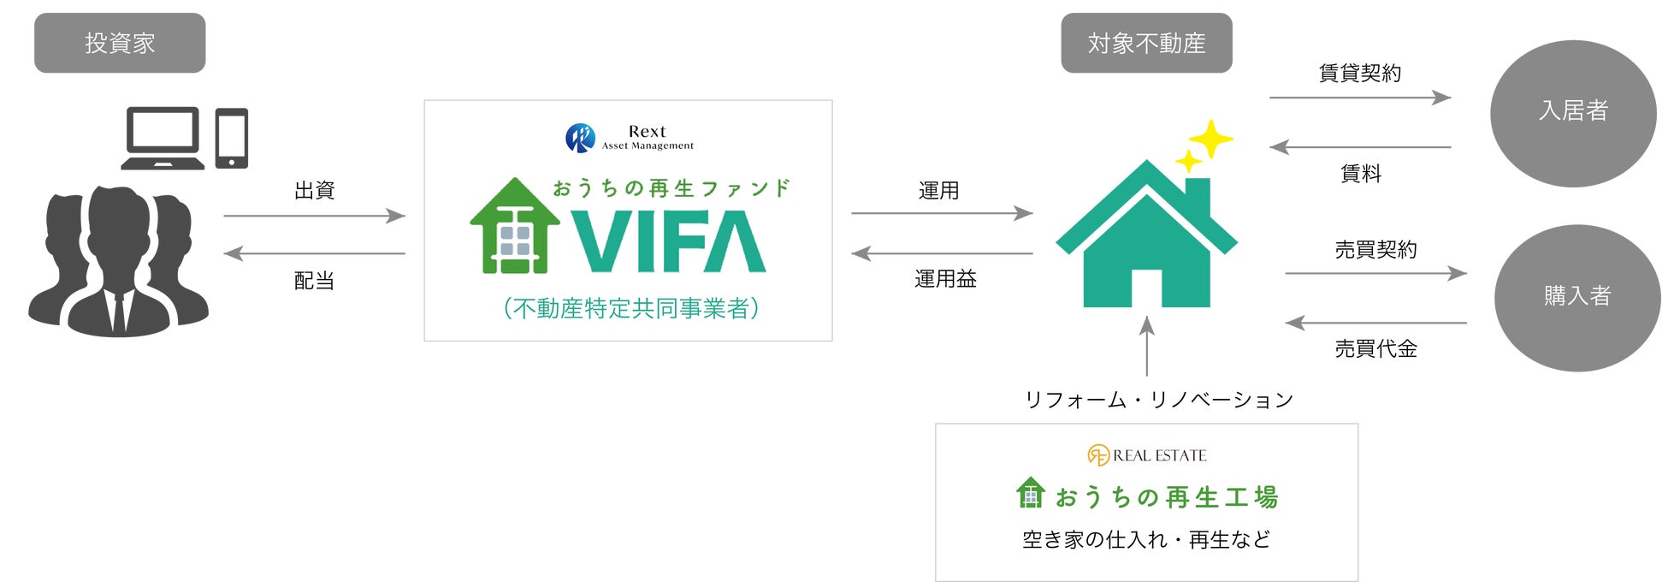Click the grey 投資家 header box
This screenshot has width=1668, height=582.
tap(120, 43)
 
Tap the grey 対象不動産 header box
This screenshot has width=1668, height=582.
tap(1146, 43)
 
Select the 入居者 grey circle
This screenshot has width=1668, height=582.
tap(1572, 112)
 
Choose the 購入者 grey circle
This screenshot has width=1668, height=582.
tap(1576, 297)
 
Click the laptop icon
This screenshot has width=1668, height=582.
tap(163, 138)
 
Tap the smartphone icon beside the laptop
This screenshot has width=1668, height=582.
tap(231, 138)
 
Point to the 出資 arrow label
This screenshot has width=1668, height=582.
tap(314, 191)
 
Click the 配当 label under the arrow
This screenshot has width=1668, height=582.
tap(314, 281)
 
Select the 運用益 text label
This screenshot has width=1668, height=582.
tap(945, 279)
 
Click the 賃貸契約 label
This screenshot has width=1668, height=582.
tap(1359, 74)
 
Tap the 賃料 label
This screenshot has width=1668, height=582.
tap(1360, 174)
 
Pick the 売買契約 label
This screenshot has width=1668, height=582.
tap(1375, 250)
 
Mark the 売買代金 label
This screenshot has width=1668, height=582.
tap(1375, 349)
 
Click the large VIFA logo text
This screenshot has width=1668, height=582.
tap(667, 242)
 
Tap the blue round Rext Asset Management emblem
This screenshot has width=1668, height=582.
tap(580, 138)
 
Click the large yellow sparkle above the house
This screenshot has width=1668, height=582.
tap(1210, 139)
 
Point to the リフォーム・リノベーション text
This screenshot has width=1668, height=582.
tap(1159, 400)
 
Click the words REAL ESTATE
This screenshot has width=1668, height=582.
tap(1159, 456)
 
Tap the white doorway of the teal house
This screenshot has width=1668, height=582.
tap(1146, 288)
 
